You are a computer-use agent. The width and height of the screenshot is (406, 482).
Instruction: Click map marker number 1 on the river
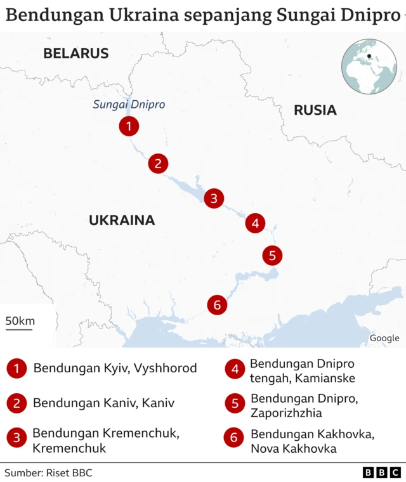pos(129,126)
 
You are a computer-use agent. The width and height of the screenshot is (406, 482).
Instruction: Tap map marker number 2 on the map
pos(158,164)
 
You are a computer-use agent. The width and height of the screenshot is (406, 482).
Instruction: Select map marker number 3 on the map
pos(214,199)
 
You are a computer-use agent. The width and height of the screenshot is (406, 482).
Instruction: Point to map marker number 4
pos(255,223)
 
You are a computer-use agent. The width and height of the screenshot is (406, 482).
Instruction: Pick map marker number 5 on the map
pos(272,256)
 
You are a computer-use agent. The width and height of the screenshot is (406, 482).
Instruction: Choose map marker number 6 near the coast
pos(217,305)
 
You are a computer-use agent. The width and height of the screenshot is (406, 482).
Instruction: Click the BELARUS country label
pos(76,54)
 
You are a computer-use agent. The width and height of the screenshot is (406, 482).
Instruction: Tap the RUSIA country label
pos(315,110)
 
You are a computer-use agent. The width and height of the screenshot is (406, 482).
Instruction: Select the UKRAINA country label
pos(122,221)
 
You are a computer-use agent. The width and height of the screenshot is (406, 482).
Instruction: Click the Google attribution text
pos(384,338)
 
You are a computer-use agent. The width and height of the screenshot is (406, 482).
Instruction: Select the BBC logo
pos(381,472)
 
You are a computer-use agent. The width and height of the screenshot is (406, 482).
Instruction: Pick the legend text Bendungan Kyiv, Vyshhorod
pos(115,368)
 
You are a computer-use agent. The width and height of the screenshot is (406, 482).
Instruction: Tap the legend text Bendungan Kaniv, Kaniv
pos(103,403)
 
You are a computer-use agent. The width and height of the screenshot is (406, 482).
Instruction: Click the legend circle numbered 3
pos(16,438)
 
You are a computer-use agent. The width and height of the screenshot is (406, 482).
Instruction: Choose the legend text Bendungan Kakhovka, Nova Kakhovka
pos(294,441)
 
